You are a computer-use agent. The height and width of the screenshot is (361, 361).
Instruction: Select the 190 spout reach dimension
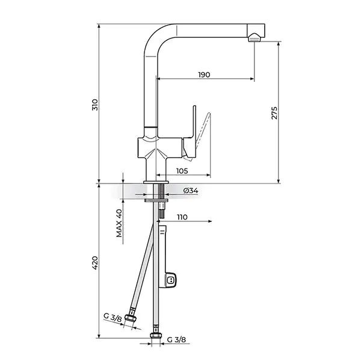tap(203, 75)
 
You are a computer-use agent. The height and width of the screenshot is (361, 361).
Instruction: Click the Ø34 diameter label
tap(190, 191)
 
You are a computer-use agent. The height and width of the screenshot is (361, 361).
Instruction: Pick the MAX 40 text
tap(119, 223)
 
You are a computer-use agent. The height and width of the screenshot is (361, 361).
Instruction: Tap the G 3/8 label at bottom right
tap(176, 339)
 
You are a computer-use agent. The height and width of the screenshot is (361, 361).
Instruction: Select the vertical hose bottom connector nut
tap(156, 336)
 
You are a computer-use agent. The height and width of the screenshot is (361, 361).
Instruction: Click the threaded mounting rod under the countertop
tap(161, 193)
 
